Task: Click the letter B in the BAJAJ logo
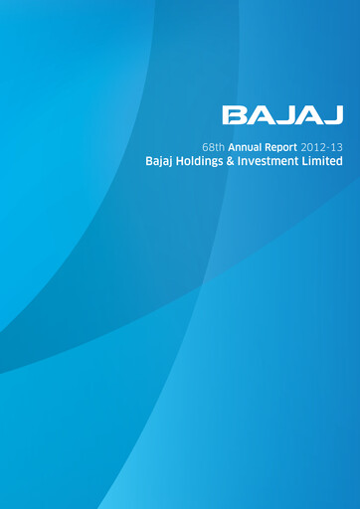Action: coord(233,115)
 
